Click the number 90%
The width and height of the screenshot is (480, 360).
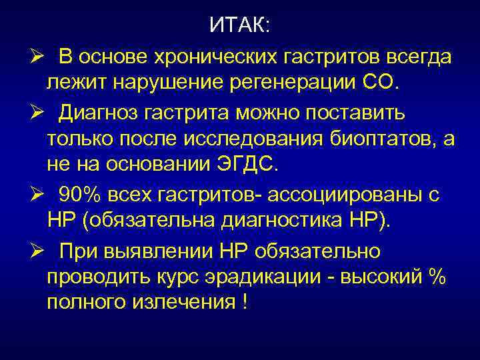(79, 194)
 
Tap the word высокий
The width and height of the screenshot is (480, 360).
(381, 277)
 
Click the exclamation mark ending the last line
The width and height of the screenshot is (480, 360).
(245, 302)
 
